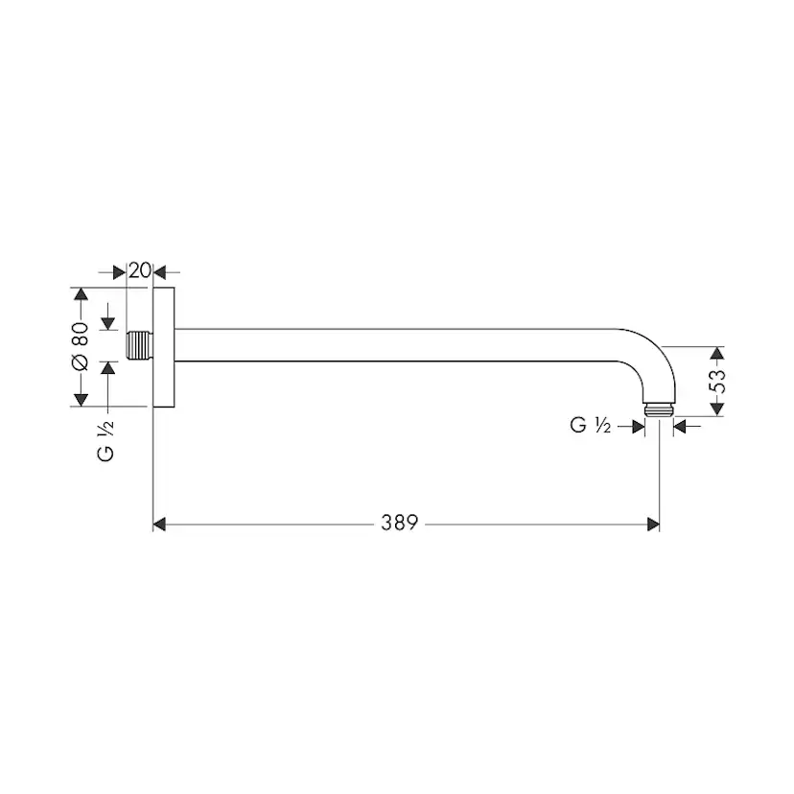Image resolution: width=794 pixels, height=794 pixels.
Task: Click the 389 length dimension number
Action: click(x=400, y=524)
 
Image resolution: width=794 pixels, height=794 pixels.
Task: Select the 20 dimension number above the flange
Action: click(x=140, y=270)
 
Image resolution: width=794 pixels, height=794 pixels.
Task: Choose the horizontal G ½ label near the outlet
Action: click(x=591, y=426)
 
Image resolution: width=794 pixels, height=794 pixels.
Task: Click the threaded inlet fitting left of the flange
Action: click(x=140, y=345)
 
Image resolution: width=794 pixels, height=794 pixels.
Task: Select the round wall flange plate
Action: click(x=164, y=346)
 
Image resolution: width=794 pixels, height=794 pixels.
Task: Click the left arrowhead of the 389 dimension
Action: click(x=162, y=524)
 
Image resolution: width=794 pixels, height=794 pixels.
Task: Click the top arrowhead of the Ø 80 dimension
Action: click(x=80, y=293)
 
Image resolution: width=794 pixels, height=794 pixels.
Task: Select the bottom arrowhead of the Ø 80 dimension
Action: click(x=80, y=399)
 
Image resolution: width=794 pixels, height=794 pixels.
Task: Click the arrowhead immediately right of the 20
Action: click(x=160, y=270)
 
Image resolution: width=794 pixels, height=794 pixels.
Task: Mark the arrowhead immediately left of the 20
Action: click(x=120, y=270)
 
